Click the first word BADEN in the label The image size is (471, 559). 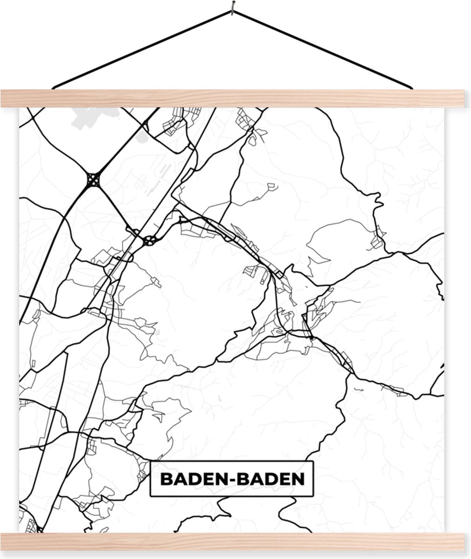coord(191,478)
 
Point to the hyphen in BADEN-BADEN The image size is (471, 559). coord(231,479)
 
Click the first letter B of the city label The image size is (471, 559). coord(165,478)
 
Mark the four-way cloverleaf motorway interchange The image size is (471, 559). coord(93,179)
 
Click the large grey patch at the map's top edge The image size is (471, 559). coord(93,116)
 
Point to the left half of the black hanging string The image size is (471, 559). coord(140,48)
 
